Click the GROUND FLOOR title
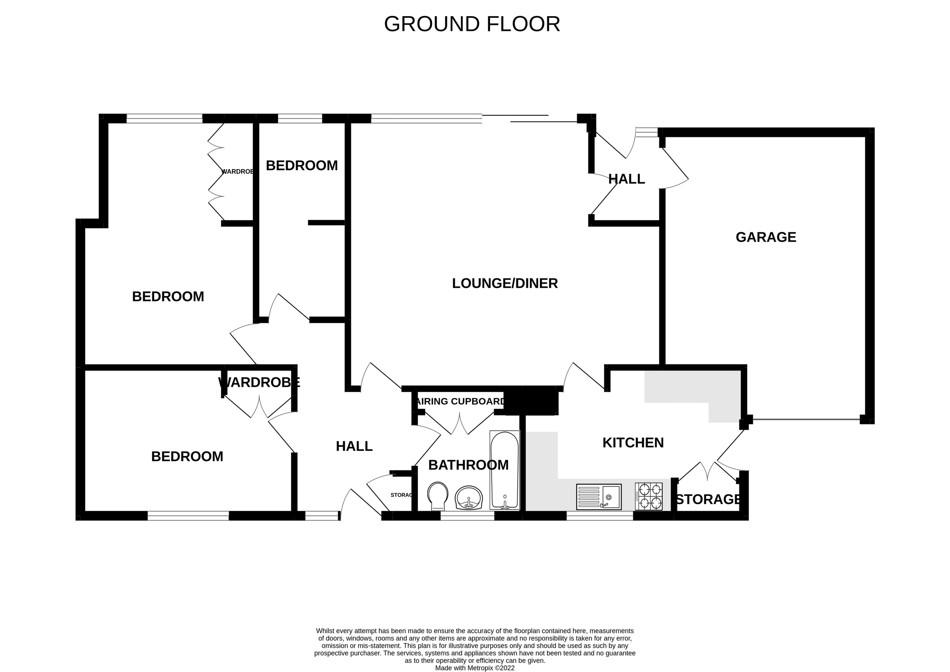pos(472,24)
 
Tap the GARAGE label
pos(766,237)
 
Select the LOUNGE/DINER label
pos(505,283)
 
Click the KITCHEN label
pos(633,443)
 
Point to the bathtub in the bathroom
pos(504,470)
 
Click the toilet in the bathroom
pos(438,496)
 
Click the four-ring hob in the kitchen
pos(648,496)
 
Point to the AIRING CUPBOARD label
pos(460,401)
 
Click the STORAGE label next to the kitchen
pos(708,499)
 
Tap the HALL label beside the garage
pos(627,179)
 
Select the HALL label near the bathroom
pos(354,446)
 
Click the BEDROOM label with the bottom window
pos(187,456)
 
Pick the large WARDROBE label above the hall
pos(259,382)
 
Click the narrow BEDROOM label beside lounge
pos(302,166)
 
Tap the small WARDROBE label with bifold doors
pos(237,172)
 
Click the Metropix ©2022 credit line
pos(475,668)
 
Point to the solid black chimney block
pos(531,400)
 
